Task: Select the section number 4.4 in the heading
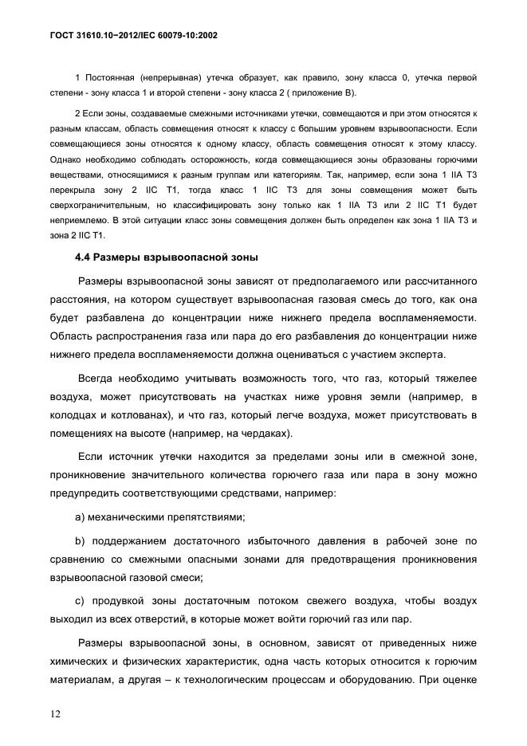point(84,258)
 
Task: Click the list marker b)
point(80,541)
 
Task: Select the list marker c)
point(80,599)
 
